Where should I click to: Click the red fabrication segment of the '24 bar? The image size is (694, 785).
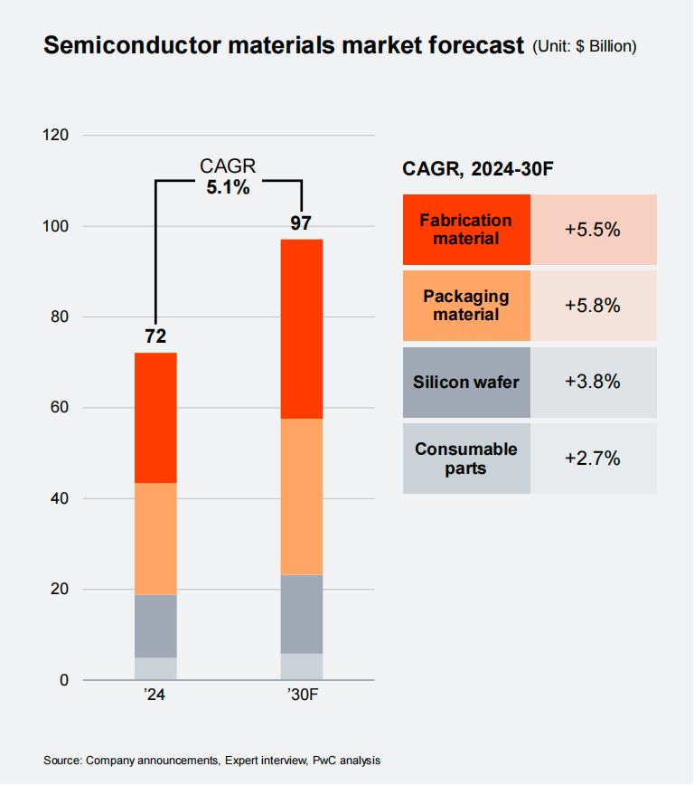click(x=155, y=418)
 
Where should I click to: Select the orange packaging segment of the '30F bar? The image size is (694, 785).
click(x=301, y=497)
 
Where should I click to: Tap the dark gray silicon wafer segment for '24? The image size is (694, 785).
click(x=155, y=626)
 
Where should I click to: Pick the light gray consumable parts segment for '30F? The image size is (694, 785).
click(x=301, y=667)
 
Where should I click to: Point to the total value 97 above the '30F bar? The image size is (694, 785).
click(x=301, y=223)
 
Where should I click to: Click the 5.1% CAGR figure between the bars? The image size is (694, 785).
click(x=228, y=188)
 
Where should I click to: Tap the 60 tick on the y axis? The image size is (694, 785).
click(x=60, y=408)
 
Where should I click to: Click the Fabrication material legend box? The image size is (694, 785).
click(x=466, y=230)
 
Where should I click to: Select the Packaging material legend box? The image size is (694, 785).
click(x=466, y=306)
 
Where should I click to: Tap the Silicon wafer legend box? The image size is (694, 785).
click(x=466, y=382)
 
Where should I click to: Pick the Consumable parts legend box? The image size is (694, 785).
click(x=466, y=459)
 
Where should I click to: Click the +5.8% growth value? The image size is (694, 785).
click(x=593, y=306)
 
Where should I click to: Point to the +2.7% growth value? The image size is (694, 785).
click(x=593, y=459)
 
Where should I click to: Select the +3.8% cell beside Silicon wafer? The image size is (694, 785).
click(x=593, y=382)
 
